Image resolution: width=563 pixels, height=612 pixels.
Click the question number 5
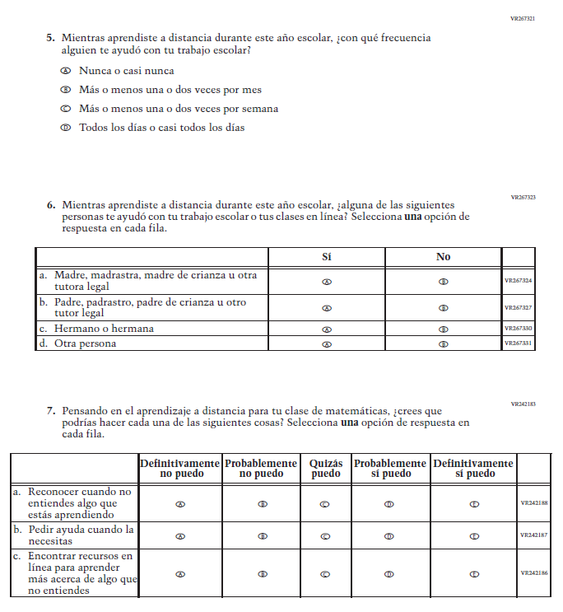pyautogui.click(x=50, y=38)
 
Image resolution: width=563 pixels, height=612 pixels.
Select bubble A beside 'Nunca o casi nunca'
pyautogui.click(x=66, y=71)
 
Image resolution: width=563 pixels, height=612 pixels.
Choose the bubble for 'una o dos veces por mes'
pyautogui.click(x=66, y=90)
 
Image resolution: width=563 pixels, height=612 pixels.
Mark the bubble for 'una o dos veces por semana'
pyautogui.click(x=66, y=109)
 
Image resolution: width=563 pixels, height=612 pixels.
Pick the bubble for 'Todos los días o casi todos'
pyautogui.click(x=66, y=128)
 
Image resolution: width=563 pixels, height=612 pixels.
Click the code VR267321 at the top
pyautogui.click(x=523, y=18)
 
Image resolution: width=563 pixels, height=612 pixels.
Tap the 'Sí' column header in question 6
pyautogui.click(x=327, y=257)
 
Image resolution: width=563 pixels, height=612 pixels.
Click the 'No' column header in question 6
pyautogui.click(x=443, y=257)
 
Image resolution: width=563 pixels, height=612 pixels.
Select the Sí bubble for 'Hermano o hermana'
pyautogui.click(x=327, y=329)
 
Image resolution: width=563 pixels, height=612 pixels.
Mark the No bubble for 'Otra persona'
pyautogui.click(x=444, y=343)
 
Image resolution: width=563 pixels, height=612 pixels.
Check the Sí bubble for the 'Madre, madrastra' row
pyautogui.click(x=327, y=281)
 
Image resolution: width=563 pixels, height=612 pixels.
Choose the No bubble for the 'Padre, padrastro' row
pyautogui.click(x=444, y=308)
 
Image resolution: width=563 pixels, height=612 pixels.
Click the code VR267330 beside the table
pyautogui.click(x=519, y=329)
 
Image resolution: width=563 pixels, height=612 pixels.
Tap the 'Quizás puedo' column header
pyautogui.click(x=326, y=469)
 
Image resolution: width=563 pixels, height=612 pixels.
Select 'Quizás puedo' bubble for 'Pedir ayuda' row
pyautogui.click(x=326, y=535)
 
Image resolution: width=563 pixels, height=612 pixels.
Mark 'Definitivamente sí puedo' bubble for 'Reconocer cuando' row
pyautogui.click(x=474, y=504)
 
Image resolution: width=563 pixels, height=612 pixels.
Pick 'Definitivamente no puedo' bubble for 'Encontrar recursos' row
pyautogui.click(x=180, y=574)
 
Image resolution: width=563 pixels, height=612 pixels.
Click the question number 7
pyautogui.click(x=50, y=410)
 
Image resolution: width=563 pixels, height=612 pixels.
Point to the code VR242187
pyautogui.click(x=535, y=535)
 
